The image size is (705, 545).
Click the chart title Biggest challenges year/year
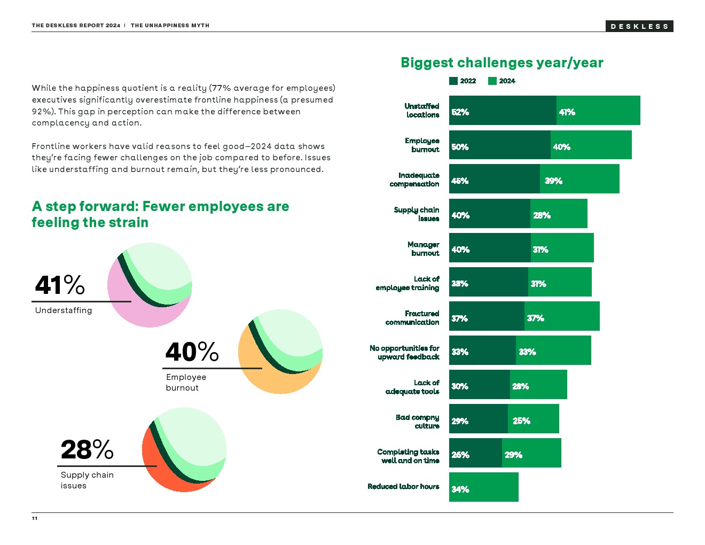pyautogui.click(x=502, y=63)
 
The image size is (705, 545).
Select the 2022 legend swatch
pyautogui.click(x=453, y=81)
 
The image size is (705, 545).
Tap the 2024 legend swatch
pyautogui.click(x=492, y=81)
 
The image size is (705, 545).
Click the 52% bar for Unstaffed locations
pyautogui.click(x=502, y=111)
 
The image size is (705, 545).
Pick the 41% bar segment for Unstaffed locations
pyautogui.click(x=598, y=111)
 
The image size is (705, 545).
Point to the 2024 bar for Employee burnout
pyautogui.click(x=591, y=145)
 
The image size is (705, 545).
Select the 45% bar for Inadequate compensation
pyautogui.click(x=494, y=179)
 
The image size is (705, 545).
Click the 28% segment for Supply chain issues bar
pyautogui.click(x=559, y=214)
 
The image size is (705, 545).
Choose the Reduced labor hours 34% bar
pyautogui.click(x=483, y=487)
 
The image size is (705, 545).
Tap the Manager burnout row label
pyautogui.click(x=424, y=248)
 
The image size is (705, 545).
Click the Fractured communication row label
pyautogui.click(x=412, y=317)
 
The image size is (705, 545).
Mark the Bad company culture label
pyautogui.click(x=418, y=421)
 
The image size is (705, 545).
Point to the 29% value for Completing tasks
pyautogui.click(x=513, y=455)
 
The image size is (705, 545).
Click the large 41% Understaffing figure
pyautogui.click(x=60, y=285)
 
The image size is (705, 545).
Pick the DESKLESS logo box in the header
pyautogui.click(x=639, y=26)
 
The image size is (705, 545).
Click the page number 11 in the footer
pyautogui.click(x=35, y=518)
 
